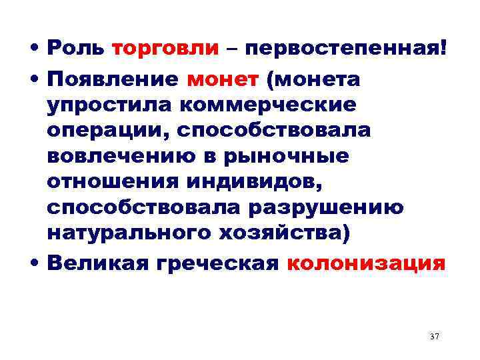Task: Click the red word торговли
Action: (x=165, y=49)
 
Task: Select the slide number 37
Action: (x=435, y=337)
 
